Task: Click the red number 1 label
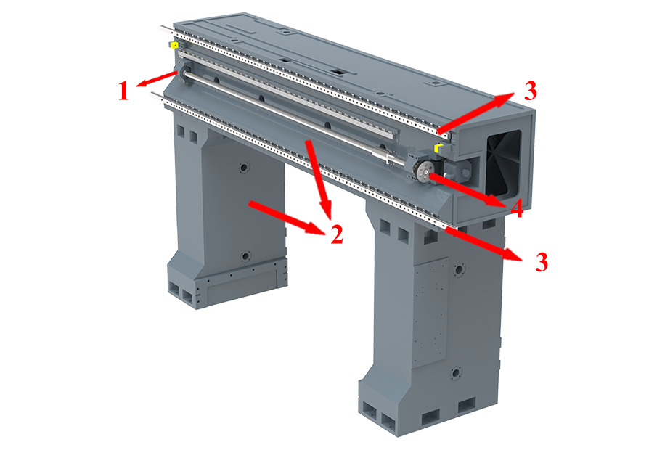pyautogui.click(x=123, y=91)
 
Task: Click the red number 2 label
pyautogui.click(x=337, y=234)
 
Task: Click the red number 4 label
pyautogui.click(x=517, y=208)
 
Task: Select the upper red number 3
pyautogui.click(x=530, y=91)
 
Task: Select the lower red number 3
pyautogui.click(x=542, y=262)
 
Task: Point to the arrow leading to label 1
pyautogui.click(x=158, y=79)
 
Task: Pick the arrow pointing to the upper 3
pyautogui.click(x=476, y=113)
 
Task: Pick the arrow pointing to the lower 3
pyautogui.click(x=483, y=245)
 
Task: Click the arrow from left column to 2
pyautogui.click(x=285, y=218)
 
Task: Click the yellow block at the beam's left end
pyautogui.click(x=174, y=45)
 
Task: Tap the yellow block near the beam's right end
pyautogui.click(x=438, y=148)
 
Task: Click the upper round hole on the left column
pyautogui.click(x=243, y=168)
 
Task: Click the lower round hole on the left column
pyautogui.click(x=245, y=256)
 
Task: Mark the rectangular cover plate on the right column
pyautogui.click(x=432, y=314)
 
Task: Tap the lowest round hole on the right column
pyautogui.click(x=455, y=373)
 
